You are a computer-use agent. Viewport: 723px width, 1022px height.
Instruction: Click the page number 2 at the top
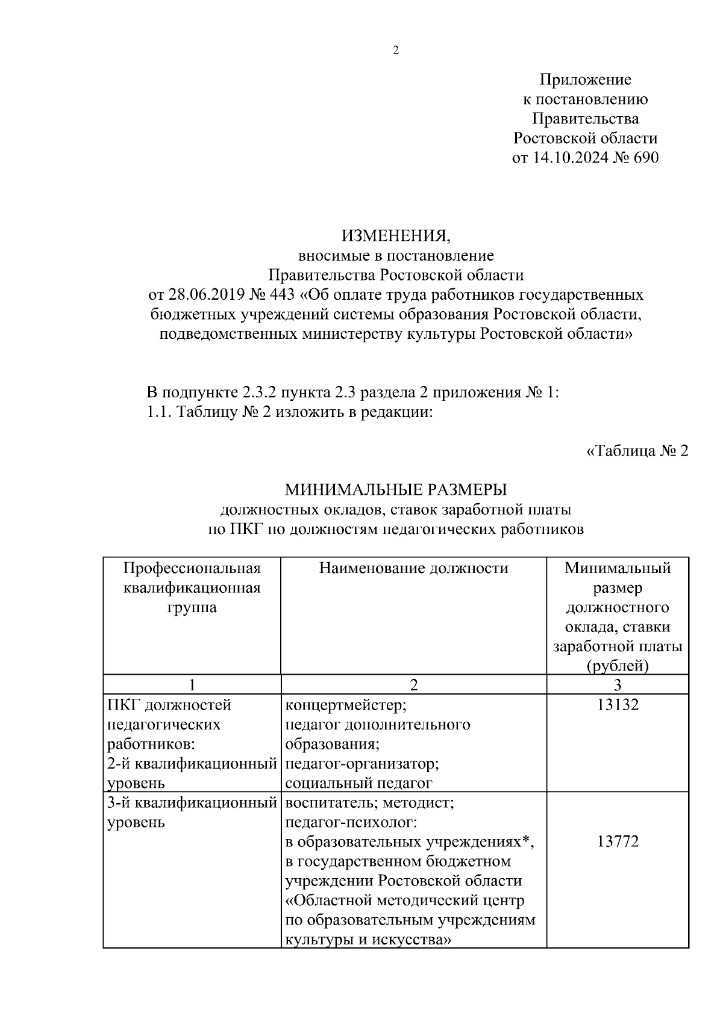point(395,51)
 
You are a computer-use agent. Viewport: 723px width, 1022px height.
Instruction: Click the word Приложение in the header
point(585,79)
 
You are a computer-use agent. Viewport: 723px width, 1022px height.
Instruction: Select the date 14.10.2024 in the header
point(571,158)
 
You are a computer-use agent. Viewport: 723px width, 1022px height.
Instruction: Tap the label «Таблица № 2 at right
point(637,451)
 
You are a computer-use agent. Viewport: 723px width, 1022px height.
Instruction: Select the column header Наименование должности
point(413,568)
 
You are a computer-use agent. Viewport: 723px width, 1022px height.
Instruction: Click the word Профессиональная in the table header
point(192,568)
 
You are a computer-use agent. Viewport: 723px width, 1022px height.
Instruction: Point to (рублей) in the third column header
point(618,666)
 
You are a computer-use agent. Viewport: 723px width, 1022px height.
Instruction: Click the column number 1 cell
point(192,684)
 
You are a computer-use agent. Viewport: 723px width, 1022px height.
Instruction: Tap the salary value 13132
point(618,704)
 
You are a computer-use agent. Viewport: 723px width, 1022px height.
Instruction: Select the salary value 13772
point(618,841)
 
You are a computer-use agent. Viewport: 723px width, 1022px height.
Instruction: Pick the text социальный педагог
point(358,783)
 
